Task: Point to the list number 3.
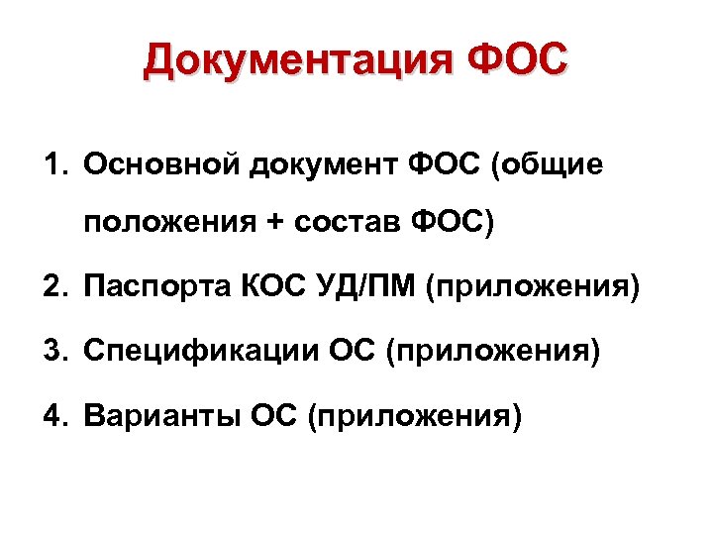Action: tap(52, 352)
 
